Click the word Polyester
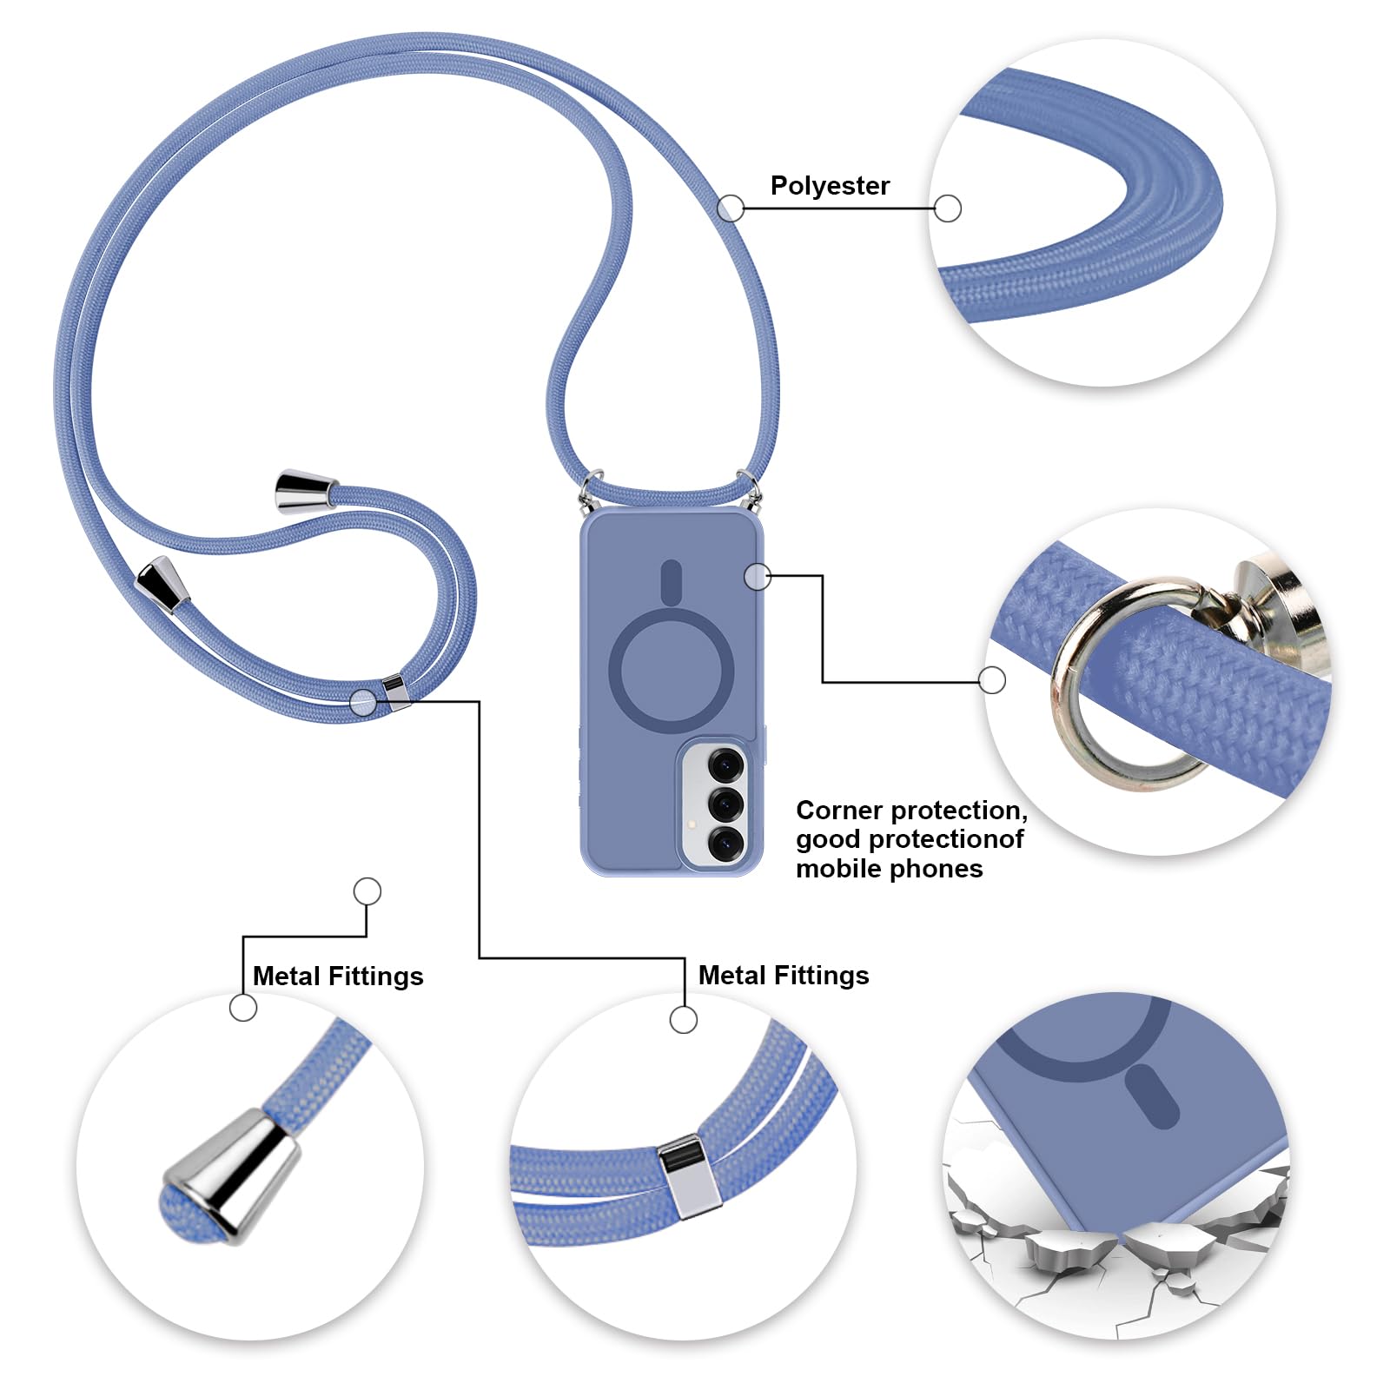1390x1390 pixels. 830,186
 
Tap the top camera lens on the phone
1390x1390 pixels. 725,765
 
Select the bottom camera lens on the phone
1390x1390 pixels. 725,842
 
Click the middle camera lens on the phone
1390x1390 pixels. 725,804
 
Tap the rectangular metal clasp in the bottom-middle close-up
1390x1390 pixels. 690,1175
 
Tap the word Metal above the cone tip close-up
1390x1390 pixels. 287,976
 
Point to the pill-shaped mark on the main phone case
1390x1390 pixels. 671,581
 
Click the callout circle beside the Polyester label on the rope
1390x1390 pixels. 731,208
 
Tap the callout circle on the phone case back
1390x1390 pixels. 758,576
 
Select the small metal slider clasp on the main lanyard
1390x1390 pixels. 395,692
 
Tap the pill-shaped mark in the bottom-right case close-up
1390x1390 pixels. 1152,1097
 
